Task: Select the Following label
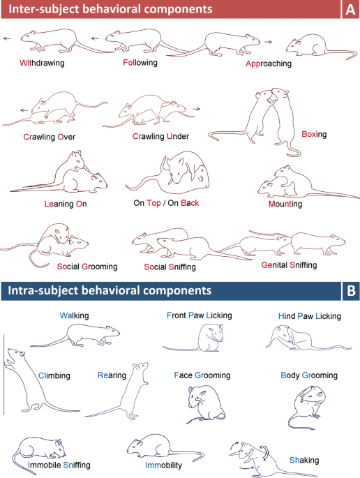point(140,62)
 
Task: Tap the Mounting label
point(285,204)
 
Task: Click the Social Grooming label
point(87,267)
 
